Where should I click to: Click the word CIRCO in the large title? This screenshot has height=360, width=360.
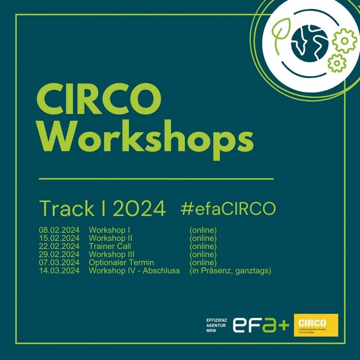(x=99, y=99)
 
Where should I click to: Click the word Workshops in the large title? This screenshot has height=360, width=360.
(x=146, y=140)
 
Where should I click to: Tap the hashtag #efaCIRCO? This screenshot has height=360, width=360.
(x=228, y=208)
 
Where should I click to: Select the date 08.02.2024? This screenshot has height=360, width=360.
(x=59, y=230)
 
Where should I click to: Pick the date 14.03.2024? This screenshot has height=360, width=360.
(x=59, y=271)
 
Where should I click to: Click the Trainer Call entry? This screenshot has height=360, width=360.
(x=110, y=246)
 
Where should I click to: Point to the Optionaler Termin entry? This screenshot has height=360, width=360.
(x=121, y=262)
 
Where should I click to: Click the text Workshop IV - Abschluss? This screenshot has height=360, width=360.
(x=134, y=271)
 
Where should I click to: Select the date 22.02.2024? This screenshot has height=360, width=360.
(x=59, y=246)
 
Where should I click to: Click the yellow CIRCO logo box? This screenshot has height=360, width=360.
(x=316, y=325)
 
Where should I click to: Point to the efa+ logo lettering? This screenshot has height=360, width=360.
(x=261, y=325)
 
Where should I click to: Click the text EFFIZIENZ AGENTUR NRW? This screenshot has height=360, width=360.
(x=216, y=325)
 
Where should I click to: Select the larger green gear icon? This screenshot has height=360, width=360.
(x=344, y=41)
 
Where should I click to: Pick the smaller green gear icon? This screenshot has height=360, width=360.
(x=337, y=63)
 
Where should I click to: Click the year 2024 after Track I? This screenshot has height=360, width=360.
(x=139, y=208)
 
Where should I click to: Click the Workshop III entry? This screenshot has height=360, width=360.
(x=112, y=255)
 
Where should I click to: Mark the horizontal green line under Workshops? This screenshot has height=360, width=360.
(x=156, y=179)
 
